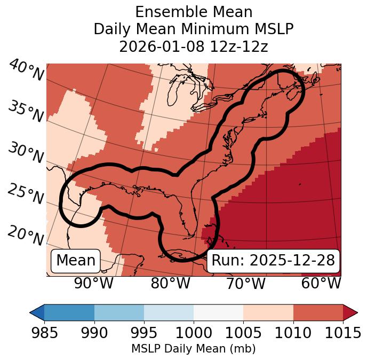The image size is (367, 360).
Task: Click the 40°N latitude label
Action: [x=26, y=71]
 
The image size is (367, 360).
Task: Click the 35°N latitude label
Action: [x=26, y=112]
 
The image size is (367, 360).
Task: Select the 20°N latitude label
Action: [x=26, y=235]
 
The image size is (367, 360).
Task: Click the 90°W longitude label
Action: [x=93, y=283]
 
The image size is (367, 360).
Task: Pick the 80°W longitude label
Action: [x=170, y=283]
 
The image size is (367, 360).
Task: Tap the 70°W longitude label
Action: [x=246, y=283]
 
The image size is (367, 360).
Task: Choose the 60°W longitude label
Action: [x=321, y=283]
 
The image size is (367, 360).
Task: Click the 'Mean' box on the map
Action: [x=76, y=261]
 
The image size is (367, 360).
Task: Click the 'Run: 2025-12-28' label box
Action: [x=273, y=261]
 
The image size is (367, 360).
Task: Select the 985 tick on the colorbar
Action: [x=44, y=333]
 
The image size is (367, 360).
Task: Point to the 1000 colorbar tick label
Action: [x=194, y=333]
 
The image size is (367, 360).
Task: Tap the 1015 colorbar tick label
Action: [x=343, y=333]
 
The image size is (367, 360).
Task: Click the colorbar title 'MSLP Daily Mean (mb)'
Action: [x=193, y=349]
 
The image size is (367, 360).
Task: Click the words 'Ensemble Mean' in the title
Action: [x=193, y=12]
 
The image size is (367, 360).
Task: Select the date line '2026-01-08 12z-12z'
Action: [x=193, y=46]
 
